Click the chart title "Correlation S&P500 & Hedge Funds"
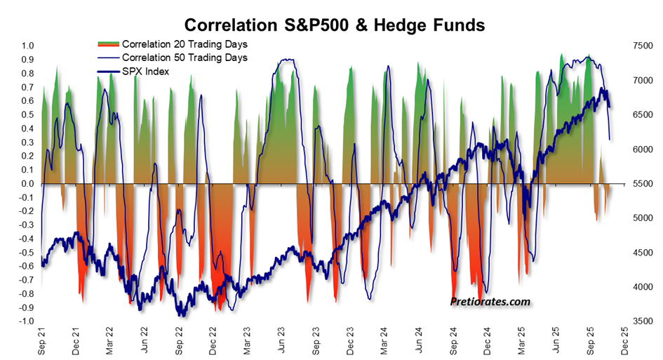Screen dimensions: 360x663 click(x=330, y=26)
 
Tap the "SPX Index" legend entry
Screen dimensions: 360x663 click(x=145, y=71)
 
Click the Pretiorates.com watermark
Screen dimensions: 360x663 click(x=490, y=302)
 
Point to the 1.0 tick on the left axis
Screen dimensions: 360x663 click(x=28, y=46)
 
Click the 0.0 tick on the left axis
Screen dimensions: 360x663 click(x=28, y=184)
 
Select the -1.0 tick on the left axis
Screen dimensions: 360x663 click(x=27, y=321)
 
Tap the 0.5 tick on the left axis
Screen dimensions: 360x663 click(x=28, y=114)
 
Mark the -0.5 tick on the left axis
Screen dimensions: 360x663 click(x=27, y=253)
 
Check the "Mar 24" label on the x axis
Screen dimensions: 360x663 click(x=384, y=340)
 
